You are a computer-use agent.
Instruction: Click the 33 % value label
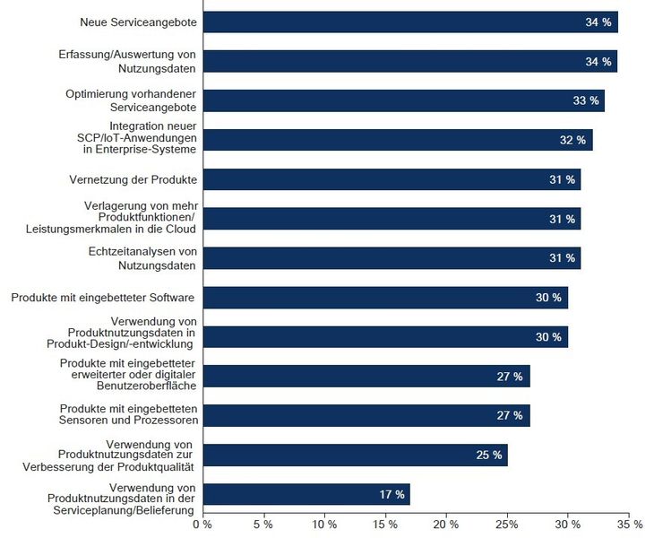tap(585, 100)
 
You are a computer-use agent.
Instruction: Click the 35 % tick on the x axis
tap(629, 523)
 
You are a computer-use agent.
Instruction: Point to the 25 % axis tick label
tap(507, 523)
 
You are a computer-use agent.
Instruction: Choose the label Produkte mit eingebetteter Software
tap(103, 297)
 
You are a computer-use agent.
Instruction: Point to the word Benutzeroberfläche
tap(144, 386)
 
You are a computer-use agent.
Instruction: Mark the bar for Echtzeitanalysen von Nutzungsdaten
tap(392, 258)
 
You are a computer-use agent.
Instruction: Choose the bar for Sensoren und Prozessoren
tap(366, 415)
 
